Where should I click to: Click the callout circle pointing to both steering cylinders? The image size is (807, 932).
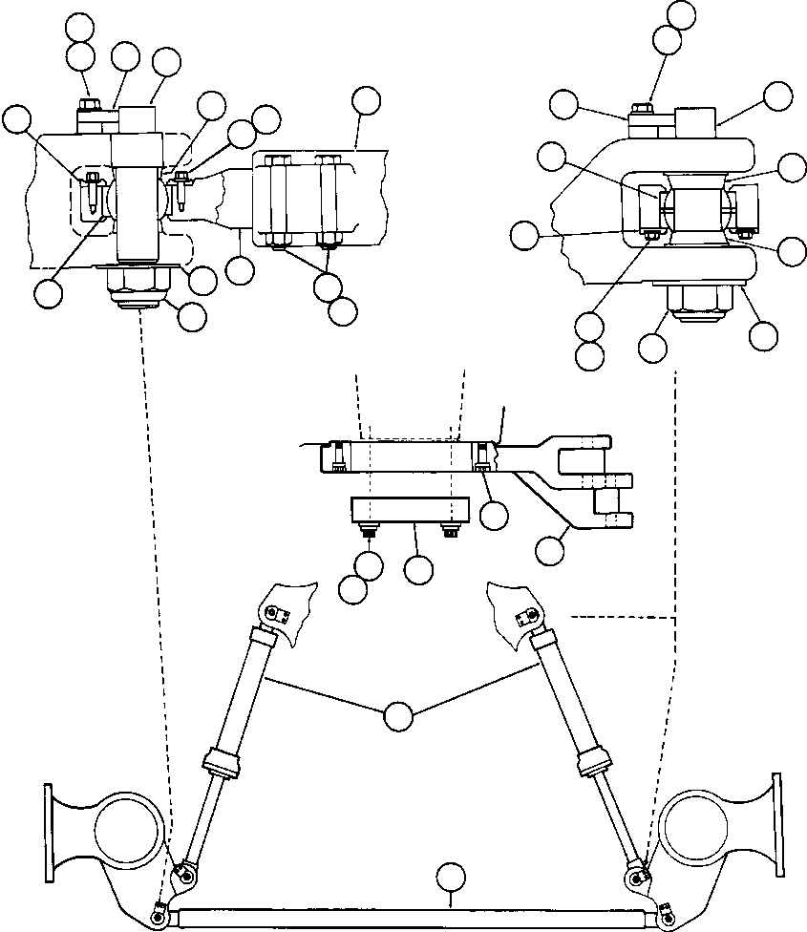pos(398,714)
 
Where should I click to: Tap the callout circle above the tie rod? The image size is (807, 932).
pos(450,877)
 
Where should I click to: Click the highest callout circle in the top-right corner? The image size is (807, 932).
pos(682,13)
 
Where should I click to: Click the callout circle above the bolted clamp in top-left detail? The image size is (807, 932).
pos(366,100)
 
